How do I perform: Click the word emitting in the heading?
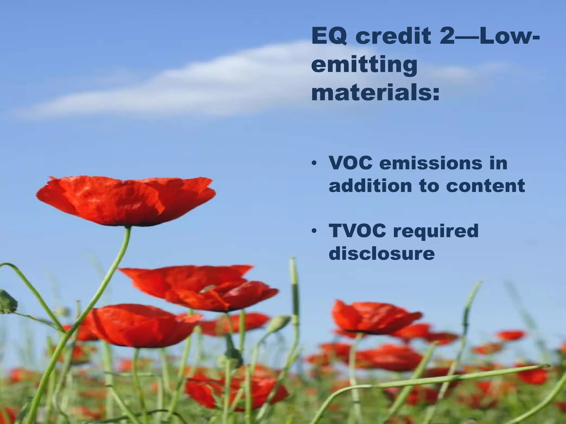tap(364, 66)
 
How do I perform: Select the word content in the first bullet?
tap(485, 185)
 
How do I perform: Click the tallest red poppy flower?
tap(126, 200)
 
